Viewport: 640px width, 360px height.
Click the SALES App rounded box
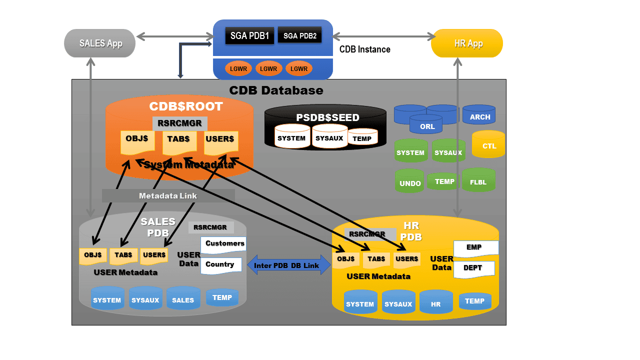click(x=100, y=43)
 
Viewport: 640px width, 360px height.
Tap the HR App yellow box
click(x=466, y=43)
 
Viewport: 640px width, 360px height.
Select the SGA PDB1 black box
click(x=249, y=36)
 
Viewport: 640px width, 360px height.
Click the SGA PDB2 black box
click(x=299, y=35)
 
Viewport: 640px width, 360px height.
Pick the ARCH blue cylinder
click(x=479, y=116)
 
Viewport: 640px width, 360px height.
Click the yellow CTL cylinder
click(x=488, y=145)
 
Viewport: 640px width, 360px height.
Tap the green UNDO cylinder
click(x=410, y=182)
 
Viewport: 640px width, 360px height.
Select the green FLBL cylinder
click(x=478, y=181)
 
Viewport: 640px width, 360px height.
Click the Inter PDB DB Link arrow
click(x=289, y=265)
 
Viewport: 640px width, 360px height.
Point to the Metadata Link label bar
click(x=168, y=196)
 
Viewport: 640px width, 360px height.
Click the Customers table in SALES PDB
click(x=223, y=244)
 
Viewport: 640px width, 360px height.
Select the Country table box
click(x=221, y=265)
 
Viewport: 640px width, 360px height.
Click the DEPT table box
click(x=473, y=268)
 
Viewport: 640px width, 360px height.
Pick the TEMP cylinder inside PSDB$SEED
click(x=362, y=137)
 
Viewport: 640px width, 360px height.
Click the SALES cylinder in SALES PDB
click(x=183, y=299)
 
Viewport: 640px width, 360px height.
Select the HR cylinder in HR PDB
click(x=436, y=303)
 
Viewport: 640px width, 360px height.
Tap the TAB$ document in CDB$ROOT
click(x=179, y=142)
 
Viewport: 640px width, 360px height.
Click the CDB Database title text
click(x=276, y=90)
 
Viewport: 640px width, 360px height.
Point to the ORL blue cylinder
click(x=426, y=125)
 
